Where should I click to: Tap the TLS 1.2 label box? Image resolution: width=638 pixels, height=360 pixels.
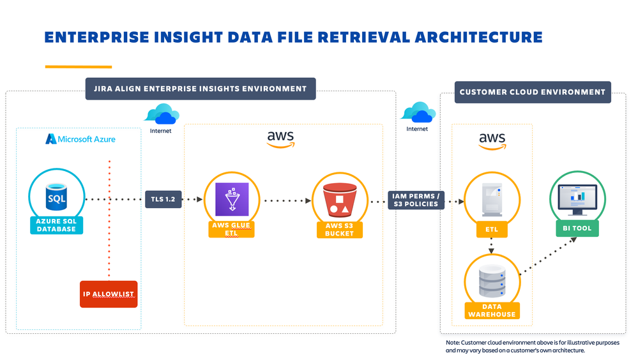(163, 199)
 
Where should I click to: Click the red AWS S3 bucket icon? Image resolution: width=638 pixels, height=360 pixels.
(339, 199)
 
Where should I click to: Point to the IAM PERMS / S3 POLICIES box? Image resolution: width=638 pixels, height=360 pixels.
(416, 199)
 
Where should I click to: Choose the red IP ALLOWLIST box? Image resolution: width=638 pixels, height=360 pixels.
(109, 294)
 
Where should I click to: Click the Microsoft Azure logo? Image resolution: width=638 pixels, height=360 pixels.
(80, 139)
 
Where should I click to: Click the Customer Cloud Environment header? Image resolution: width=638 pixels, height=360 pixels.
(532, 92)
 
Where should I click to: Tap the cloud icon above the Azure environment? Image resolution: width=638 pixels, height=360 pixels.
(161, 115)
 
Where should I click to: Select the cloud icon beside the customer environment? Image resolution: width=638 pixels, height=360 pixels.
(418, 113)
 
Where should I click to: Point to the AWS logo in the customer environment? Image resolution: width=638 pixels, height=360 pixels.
(492, 140)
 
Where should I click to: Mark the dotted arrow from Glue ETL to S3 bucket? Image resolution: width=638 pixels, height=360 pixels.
(285, 200)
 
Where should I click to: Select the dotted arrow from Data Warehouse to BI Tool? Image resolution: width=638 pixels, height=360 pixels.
(549, 255)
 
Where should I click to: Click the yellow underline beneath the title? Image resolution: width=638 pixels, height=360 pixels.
(78, 66)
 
